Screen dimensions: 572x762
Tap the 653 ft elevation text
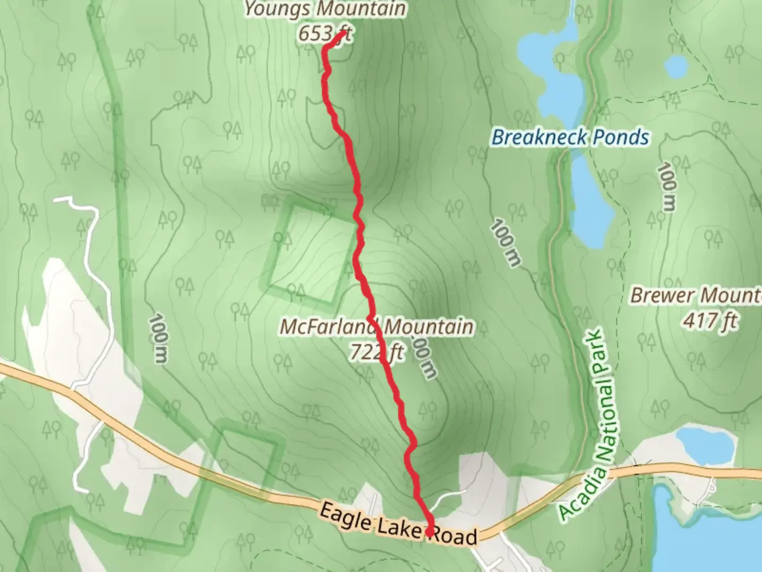(324, 34)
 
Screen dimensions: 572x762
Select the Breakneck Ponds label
(570, 137)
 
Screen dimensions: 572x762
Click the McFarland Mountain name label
(376, 327)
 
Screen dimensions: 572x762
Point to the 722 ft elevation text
(376, 352)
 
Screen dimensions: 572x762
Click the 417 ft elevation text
(710, 320)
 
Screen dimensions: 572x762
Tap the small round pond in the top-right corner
(676, 67)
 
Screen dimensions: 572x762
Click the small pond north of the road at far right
(706, 444)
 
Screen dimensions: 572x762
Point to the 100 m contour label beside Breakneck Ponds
(506, 243)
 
